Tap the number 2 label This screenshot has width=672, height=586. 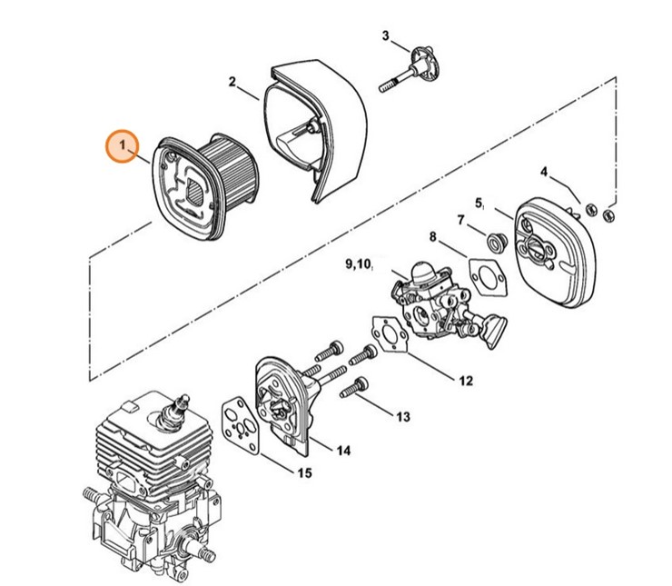pyautogui.click(x=232, y=82)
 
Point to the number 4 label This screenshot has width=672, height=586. pyautogui.click(x=544, y=172)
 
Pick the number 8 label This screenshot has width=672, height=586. pyautogui.click(x=433, y=237)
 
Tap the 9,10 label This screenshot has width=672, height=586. pyautogui.click(x=358, y=264)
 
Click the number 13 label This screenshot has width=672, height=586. pyautogui.click(x=402, y=416)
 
